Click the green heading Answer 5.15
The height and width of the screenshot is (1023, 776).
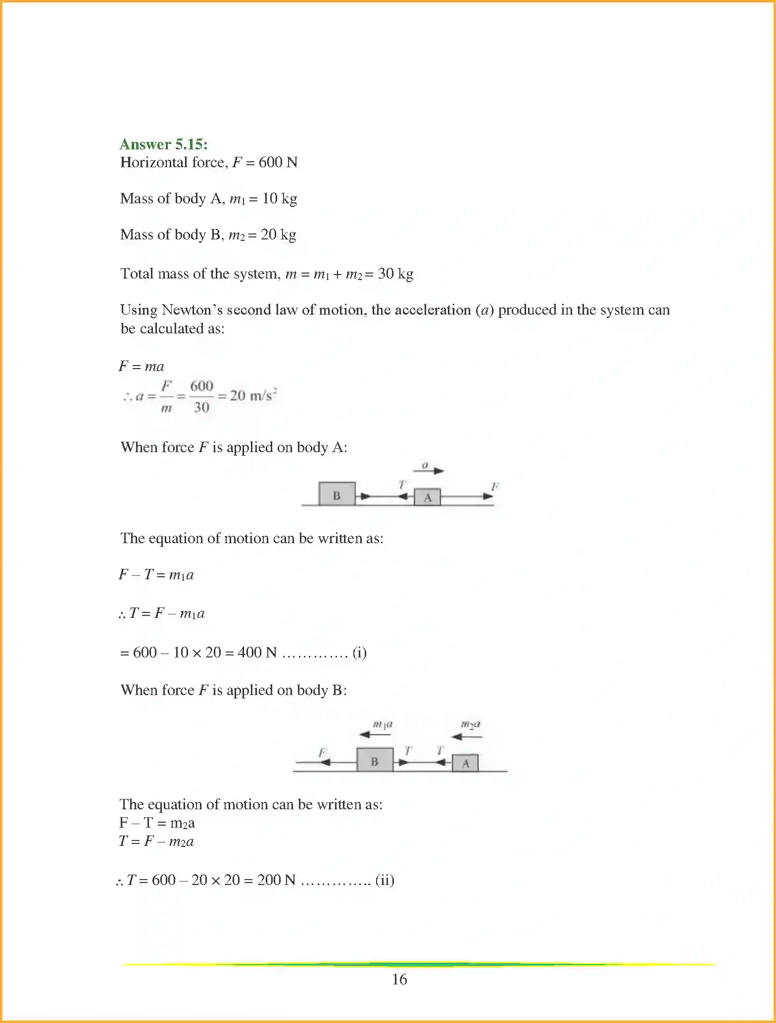tap(164, 144)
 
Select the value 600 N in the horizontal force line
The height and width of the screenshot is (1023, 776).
tap(278, 162)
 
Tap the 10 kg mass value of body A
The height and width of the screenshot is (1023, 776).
tap(280, 198)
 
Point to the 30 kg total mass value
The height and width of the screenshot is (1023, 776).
tap(395, 274)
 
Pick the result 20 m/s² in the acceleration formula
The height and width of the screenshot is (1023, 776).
tap(253, 395)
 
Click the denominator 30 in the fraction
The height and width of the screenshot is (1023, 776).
tap(201, 407)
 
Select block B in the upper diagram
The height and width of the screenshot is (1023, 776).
tap(337, 494)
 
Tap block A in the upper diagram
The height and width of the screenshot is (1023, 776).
tap(427, 497)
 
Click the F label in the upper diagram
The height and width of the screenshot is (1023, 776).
tap(494, 486)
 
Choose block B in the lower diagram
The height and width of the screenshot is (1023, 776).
tap(375, 760)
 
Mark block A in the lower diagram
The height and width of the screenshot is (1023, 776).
tap(465, 763)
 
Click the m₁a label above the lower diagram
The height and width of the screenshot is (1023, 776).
tap(382, 724)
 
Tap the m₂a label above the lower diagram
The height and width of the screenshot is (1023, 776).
tap(471, 724)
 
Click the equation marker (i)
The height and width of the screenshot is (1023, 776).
tap(359, 652)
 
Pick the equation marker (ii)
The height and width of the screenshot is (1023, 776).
tap(385, 880)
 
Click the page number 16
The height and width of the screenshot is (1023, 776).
tap(399, 979)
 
